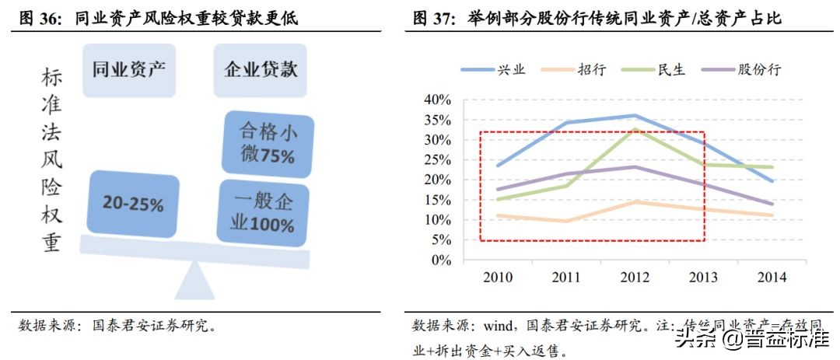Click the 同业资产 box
point(128,71)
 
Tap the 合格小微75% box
point(268,143)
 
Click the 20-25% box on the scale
point(133,204)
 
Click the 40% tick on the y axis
point(438,100)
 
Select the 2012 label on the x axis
point(635,277)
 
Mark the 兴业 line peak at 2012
point(635,115)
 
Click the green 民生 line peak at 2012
point(635,129)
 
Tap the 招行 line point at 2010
point(498,215)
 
